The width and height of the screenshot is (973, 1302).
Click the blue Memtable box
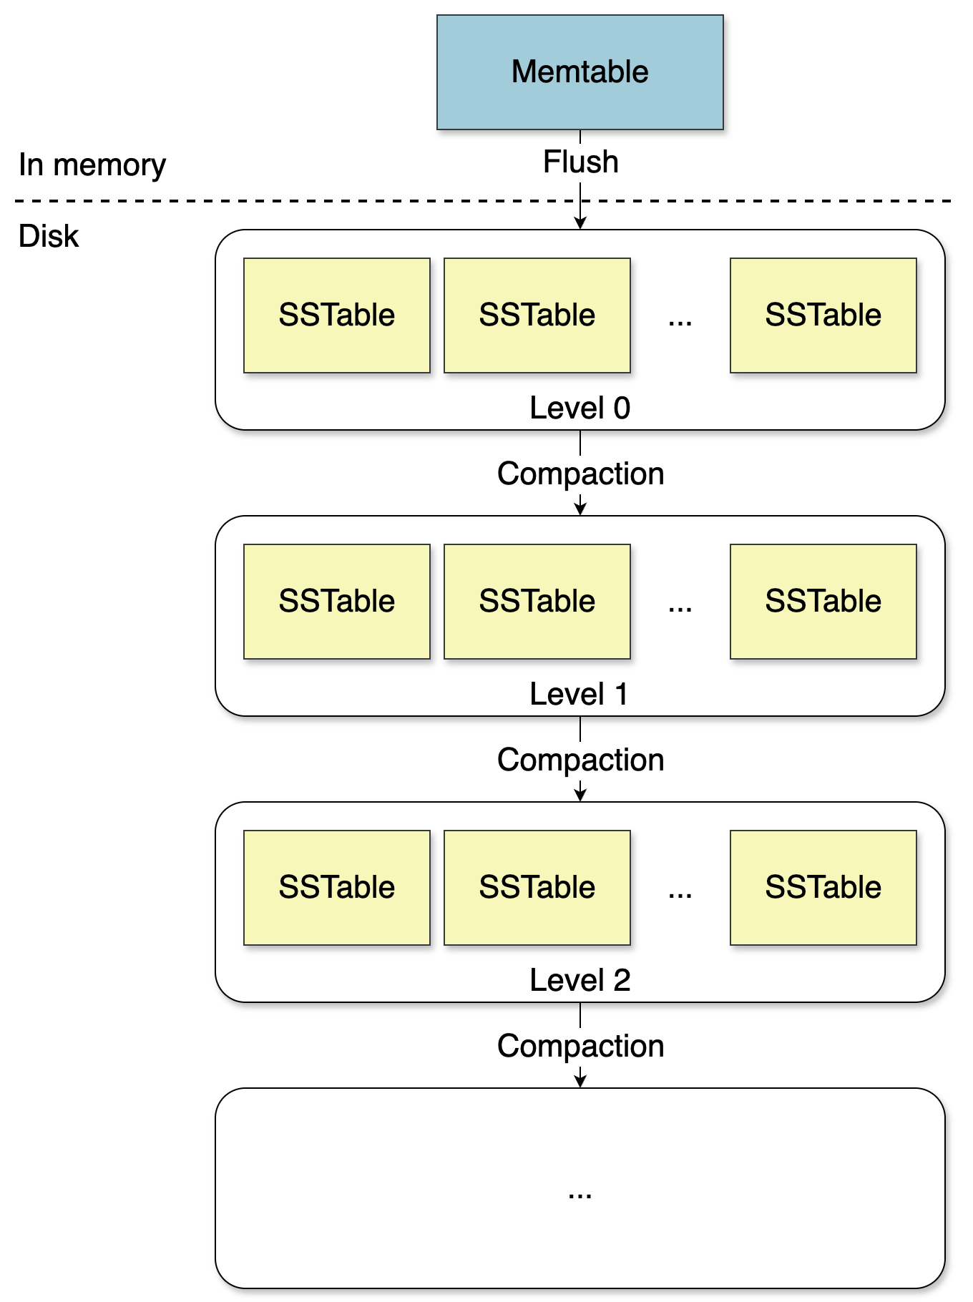coord(580,72)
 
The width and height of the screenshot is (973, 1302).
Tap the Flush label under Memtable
coord(580,162)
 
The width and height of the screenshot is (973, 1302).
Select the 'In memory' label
coord(92,165)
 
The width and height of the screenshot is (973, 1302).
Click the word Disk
coord(48,236)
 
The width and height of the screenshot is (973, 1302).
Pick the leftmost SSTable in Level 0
coord(336,315)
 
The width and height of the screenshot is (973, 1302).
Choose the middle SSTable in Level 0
coord(537,315)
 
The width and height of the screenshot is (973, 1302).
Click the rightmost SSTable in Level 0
coord(823,315)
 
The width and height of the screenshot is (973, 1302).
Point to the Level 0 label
coord(580,408)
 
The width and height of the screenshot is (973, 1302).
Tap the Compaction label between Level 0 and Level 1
coord(580,474)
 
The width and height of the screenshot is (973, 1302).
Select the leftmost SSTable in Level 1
coord(336,601)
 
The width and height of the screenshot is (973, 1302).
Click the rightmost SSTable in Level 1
coord(823,601)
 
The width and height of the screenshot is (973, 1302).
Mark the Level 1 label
coord(580,694)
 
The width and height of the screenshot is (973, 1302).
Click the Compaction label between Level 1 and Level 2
coord(580,760)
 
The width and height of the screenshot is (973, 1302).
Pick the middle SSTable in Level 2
coord(537,887)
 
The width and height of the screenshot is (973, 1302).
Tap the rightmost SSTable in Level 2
coord(823,887)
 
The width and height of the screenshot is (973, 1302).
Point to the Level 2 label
coord(580,980)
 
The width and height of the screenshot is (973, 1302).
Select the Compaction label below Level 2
coord(580,1046)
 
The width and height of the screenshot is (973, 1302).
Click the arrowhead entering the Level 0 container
coord(580,223)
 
